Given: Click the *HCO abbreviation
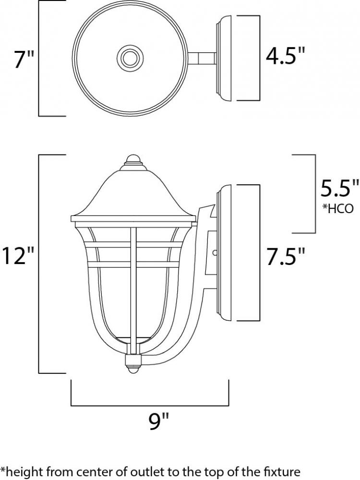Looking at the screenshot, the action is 337,208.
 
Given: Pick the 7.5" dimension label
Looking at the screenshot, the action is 285,256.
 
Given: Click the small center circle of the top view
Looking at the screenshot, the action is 130,57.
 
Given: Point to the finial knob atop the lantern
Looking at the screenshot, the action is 133,160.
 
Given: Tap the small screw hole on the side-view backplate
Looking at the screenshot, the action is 215,253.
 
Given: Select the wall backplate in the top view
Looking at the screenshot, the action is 226,58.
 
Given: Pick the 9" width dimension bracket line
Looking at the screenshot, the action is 150,405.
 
